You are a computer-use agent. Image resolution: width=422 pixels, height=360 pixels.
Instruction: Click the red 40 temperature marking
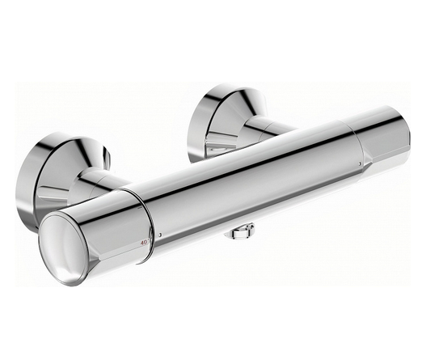tap(144, 241)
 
